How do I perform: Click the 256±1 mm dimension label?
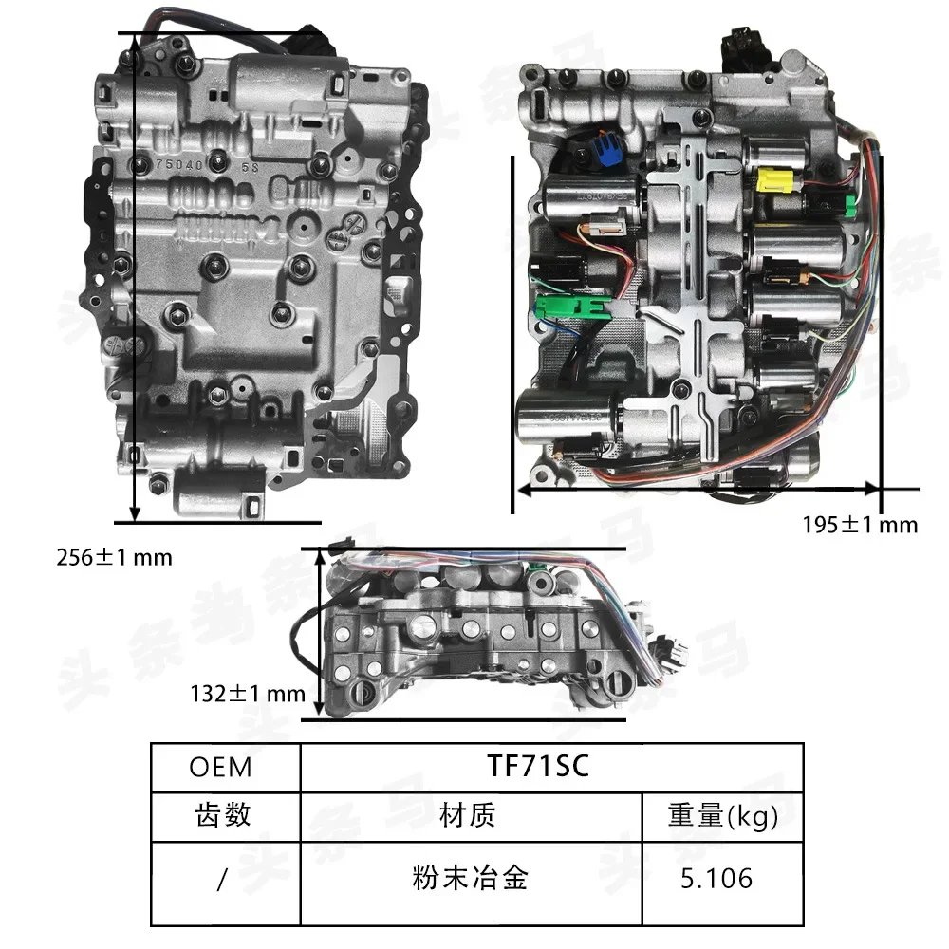(x=114, y=557)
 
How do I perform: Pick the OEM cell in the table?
(x=220, y=767)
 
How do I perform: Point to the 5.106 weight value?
(x=716, y=878)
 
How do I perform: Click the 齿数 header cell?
(x=223, y=815)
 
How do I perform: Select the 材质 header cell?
(x=468, y=815)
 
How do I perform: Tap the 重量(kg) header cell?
(x=723, y=815)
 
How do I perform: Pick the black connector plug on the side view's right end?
(x=676, y=654)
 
